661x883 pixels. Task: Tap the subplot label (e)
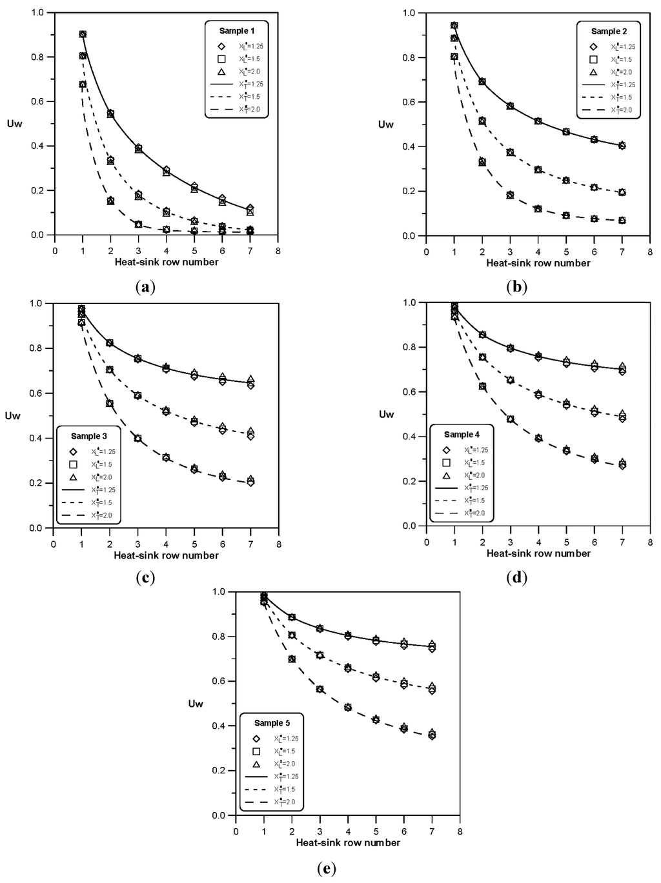click(x=328, y=869)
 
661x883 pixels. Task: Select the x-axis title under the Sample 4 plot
click(x=538, y=553)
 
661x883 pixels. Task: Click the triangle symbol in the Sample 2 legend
click(x=593, y=72)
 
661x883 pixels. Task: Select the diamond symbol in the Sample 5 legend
click(x=256, y=739)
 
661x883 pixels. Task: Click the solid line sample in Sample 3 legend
click(x=73, y=490)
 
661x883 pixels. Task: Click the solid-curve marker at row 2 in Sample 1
click(x=110, y=114)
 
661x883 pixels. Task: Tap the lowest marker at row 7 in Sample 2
click(x=622, y=221)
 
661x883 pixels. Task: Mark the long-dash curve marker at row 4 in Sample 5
click(x=348, y=708)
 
